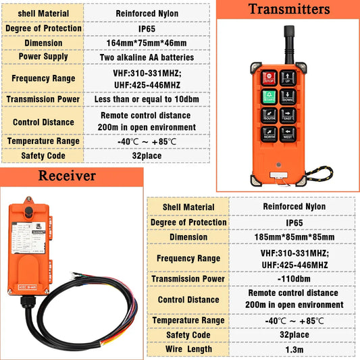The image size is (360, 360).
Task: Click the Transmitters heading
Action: tap(289, 9)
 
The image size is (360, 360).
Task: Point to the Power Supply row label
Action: tap(43, 57)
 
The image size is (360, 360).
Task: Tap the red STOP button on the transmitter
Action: tap(269, 78)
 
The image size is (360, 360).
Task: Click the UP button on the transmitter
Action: tap(288, 78)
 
